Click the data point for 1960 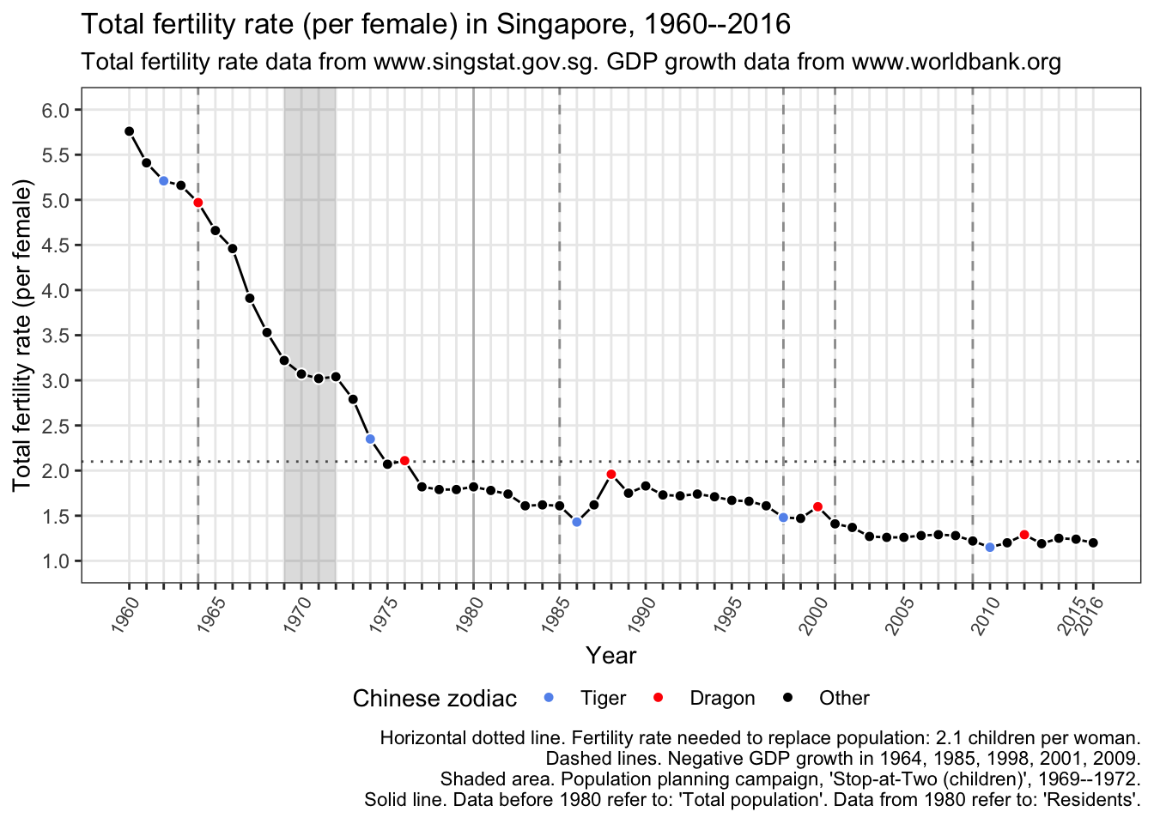(129, 131)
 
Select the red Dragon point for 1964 (197, 203)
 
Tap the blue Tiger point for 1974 (370, 439)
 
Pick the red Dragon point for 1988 (611, 474)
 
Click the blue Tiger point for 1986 (577, 522)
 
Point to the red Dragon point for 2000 (817, 506)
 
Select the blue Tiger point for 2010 (990, 547)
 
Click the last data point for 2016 (1093, 542)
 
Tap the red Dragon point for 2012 (1024, 535)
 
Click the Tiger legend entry (602, 698)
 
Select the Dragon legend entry (721, 698)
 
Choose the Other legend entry (843, 698)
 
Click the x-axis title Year (610, 656)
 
